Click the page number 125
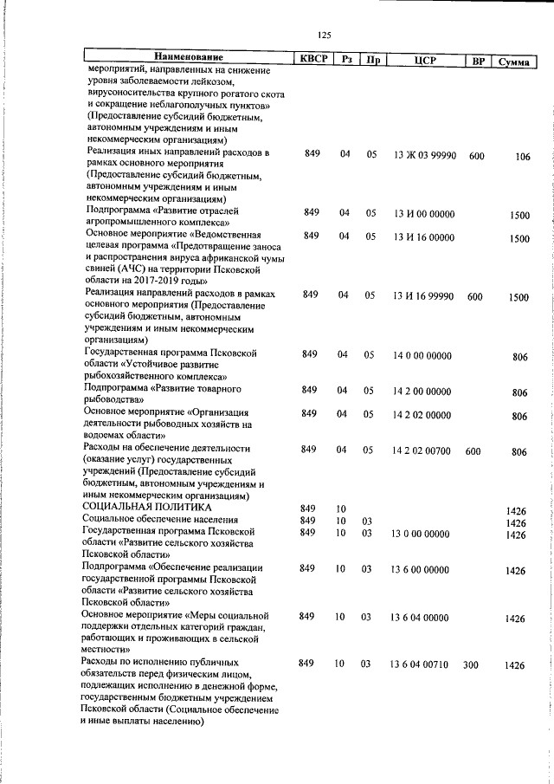tap(325, 35)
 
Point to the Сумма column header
tap(514, 61)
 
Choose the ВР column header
tap(477, 61)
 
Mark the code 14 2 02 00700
tap(422, 451)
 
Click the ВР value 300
tap(471, 664)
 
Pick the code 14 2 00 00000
tap(422, 392)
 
